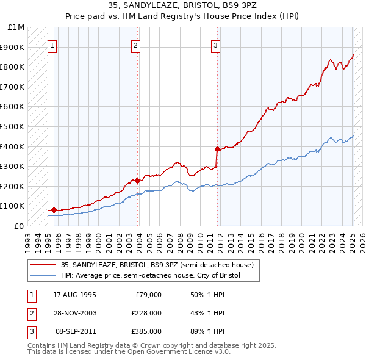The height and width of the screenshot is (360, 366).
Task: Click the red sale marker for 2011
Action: coord(218,148)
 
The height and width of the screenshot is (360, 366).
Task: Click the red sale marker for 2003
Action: coord(138,180)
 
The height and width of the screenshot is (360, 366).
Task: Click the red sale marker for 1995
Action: coord(54,210)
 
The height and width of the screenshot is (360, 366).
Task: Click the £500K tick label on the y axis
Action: coord(13,126)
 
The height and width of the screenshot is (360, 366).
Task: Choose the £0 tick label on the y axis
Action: coord(18,226)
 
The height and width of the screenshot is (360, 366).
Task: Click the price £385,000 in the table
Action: coord(146,331)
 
